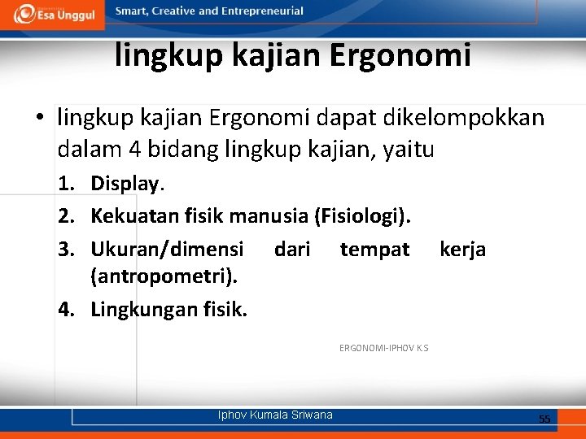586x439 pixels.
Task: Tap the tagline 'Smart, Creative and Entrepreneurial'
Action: [209, 11]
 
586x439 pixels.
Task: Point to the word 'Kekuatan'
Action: [131, 216]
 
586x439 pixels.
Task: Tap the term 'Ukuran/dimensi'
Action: [167, 249]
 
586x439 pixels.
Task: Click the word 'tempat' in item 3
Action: [374, 249]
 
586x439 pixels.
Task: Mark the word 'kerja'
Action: [462, 249]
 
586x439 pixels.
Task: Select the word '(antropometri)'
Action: [164, 277]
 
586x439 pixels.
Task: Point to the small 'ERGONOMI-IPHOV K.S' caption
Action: [383, 348]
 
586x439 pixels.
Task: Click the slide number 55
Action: [544, 419]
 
